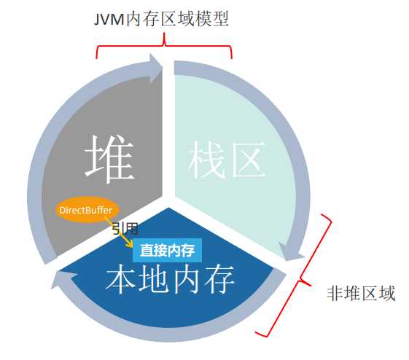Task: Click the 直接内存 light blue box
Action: click(167, 250)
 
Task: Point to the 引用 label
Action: click(124, 228)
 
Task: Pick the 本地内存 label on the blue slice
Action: click(171, 280)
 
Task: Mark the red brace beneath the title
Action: click(165, 50)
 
